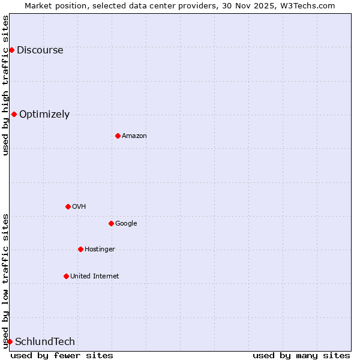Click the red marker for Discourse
tap(11, 50)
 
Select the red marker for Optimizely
tap(14, 114)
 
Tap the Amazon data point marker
tap(118, 136)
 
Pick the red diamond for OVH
tap(68, 206)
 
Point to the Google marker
tap(111, 223)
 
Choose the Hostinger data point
tap(80, 249)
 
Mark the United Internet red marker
tap(66, 276)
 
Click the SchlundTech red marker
tap(10, 341)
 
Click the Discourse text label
tap(40, 50)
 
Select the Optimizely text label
tap(44, 114)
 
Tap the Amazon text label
tap(134, 136)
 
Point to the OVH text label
tap(79, 206)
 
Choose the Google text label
tap(126, 223)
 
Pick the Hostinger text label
tap(100, 249)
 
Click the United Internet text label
tap(95, 276)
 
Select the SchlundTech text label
tap(45, 341)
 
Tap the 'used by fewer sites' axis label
tap(62, 355)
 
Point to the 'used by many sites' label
tap(301, 355)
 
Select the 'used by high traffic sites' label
tap(5, 85)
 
